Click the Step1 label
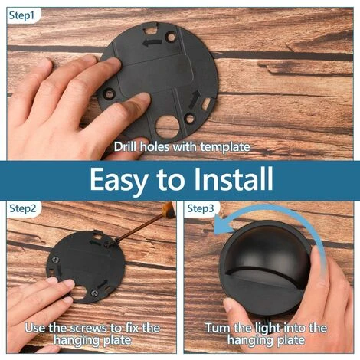[21, 15]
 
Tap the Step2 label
[23, 208]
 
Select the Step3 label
[201, 208]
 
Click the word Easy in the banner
[119, 180]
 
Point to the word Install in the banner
[233, 178]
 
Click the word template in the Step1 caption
[225, 147]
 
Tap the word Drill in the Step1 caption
[126, 147]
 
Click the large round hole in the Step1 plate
[167, 127]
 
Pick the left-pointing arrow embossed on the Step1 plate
[152, 43]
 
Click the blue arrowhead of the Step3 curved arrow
[222, 225]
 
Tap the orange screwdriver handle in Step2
[169, 208]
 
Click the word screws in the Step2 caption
[89, 328]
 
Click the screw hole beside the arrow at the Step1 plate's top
[171, 38]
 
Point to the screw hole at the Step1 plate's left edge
[109, 93]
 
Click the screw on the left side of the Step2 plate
[56, 260]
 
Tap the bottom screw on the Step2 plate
[93, 293]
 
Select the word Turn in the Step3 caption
[218, 328]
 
